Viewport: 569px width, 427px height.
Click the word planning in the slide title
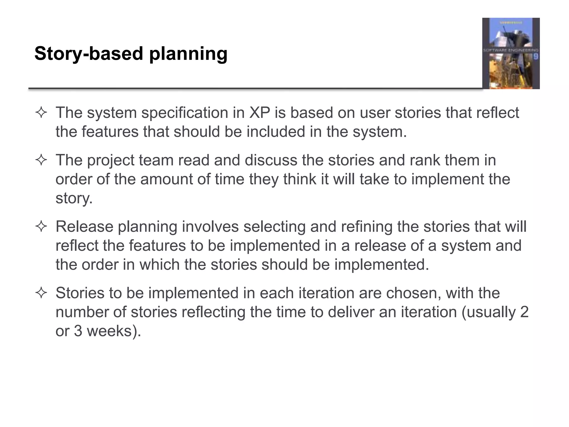(188, 54)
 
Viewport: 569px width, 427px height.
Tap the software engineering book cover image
(511, 53)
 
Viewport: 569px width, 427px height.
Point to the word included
(276, 132)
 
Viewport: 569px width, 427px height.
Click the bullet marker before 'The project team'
(41, 160)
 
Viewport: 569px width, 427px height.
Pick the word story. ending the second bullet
(74, 198)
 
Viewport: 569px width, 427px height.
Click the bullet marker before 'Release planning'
(41, 227)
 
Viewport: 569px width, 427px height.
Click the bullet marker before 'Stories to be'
(41, 293)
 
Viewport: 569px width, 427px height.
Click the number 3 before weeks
(78, 331)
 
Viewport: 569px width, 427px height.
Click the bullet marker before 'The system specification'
(41, 113)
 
